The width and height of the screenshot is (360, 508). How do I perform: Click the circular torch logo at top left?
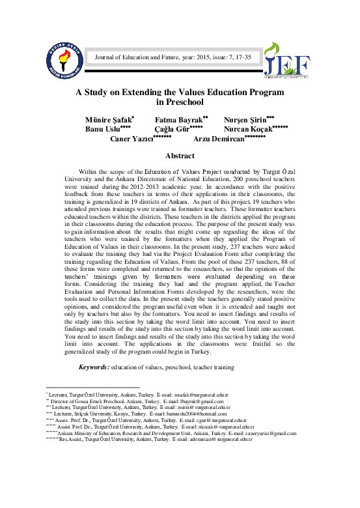click(x=63, y=60)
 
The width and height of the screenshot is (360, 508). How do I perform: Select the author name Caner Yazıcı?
click(x=131, y=139)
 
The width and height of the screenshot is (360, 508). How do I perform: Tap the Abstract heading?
click(x=180, y=156)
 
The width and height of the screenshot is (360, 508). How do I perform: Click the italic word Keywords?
click(x=93, y=368)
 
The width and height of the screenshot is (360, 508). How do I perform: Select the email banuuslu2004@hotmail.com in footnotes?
click(x=195, y=414)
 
